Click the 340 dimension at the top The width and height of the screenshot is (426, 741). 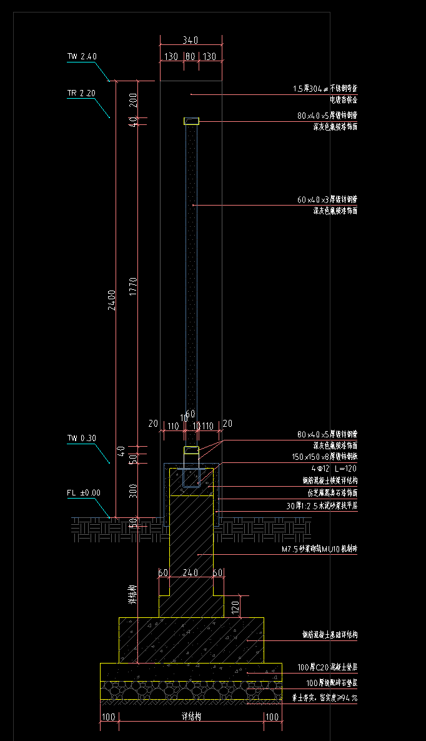click(x=191, y=40)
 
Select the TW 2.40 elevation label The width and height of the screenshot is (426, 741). click(x=82, y=56)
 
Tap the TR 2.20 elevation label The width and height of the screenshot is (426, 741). click(x=81, y=93)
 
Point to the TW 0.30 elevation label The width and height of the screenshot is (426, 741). click(x=81, y=438)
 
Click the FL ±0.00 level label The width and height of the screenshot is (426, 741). click(x=83, y=492)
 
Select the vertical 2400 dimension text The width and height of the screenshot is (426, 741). click(x=111, y=299)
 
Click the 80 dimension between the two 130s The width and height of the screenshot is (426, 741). click(x=191, y=56)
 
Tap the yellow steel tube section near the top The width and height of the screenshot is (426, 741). click(x=191, y=121)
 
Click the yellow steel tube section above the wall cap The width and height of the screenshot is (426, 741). click(x=191, y=450)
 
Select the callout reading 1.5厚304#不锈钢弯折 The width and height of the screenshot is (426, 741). click(x=325, y=89)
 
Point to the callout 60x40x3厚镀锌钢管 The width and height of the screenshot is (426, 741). click(x=327, y=200)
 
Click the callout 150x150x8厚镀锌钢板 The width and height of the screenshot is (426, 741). click(x=327, y=457)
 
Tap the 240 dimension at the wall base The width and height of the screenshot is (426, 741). click(x=190, y=572)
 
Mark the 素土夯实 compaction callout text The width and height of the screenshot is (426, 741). click(x=324, y=698)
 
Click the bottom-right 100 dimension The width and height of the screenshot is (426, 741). click(x=272, y=717)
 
